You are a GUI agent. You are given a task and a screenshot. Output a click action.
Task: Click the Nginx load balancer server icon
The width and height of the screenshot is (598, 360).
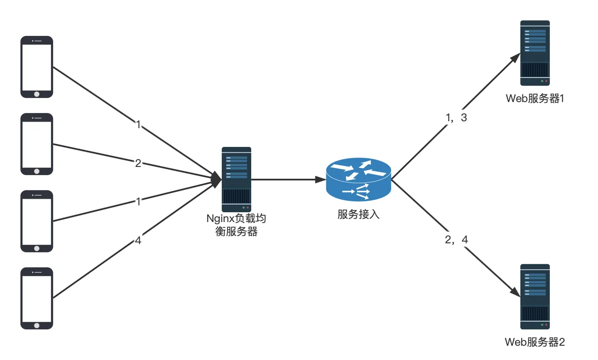(x=236, y=179)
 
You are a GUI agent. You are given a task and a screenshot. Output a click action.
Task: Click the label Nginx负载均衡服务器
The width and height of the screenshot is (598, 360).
(x=236, y=225)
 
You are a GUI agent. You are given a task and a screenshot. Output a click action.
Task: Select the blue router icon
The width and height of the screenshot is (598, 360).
(x=358, y=179)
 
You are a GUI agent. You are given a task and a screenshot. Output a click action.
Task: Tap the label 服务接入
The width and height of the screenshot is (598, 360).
(x=358, y=214)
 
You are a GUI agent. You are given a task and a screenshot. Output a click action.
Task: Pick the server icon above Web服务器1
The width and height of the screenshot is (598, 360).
(x=535, y=53)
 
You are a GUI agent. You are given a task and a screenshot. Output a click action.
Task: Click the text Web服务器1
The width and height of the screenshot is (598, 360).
(x=535, y=99)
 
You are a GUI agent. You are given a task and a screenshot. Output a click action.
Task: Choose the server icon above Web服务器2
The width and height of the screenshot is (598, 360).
(x=535, y=297)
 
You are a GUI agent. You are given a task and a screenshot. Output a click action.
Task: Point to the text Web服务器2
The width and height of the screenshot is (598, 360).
(x=535, y=342)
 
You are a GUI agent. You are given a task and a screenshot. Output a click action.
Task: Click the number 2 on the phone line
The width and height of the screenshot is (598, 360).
(x=138, y=163)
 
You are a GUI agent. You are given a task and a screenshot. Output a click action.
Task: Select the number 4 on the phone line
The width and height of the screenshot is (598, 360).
(x=138, y=240)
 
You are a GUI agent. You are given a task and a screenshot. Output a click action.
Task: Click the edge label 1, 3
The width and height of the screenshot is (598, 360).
(x=457, y=117)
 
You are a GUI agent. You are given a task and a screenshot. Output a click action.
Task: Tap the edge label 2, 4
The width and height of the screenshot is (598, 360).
(x=457, y=240)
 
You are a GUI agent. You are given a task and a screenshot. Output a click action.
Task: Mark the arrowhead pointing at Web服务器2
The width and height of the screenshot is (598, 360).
(x=515, y=292)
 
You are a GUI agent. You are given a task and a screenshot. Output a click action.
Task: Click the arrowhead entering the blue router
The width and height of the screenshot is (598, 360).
(x=321, y=180)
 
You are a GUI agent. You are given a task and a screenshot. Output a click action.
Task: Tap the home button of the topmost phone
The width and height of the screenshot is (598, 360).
(x=37, y=94)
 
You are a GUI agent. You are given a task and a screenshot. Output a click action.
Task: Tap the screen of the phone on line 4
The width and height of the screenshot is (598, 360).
(x=37, y=299)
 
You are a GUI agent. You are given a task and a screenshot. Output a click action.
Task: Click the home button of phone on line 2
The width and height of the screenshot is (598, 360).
(x=37, y=171)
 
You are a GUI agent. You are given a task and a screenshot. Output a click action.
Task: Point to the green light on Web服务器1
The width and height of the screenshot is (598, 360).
(x=542, y=81)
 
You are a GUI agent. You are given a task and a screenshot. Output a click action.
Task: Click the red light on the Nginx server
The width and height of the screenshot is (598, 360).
(x=248, y=208)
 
